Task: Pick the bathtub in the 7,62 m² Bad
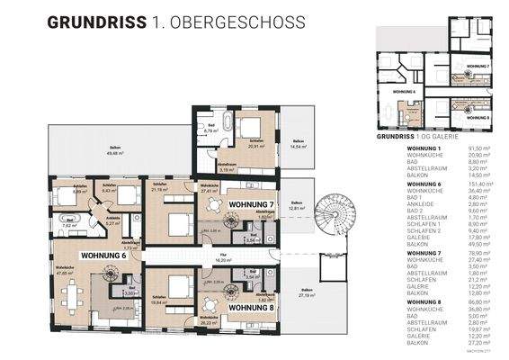(x=68, y=219)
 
